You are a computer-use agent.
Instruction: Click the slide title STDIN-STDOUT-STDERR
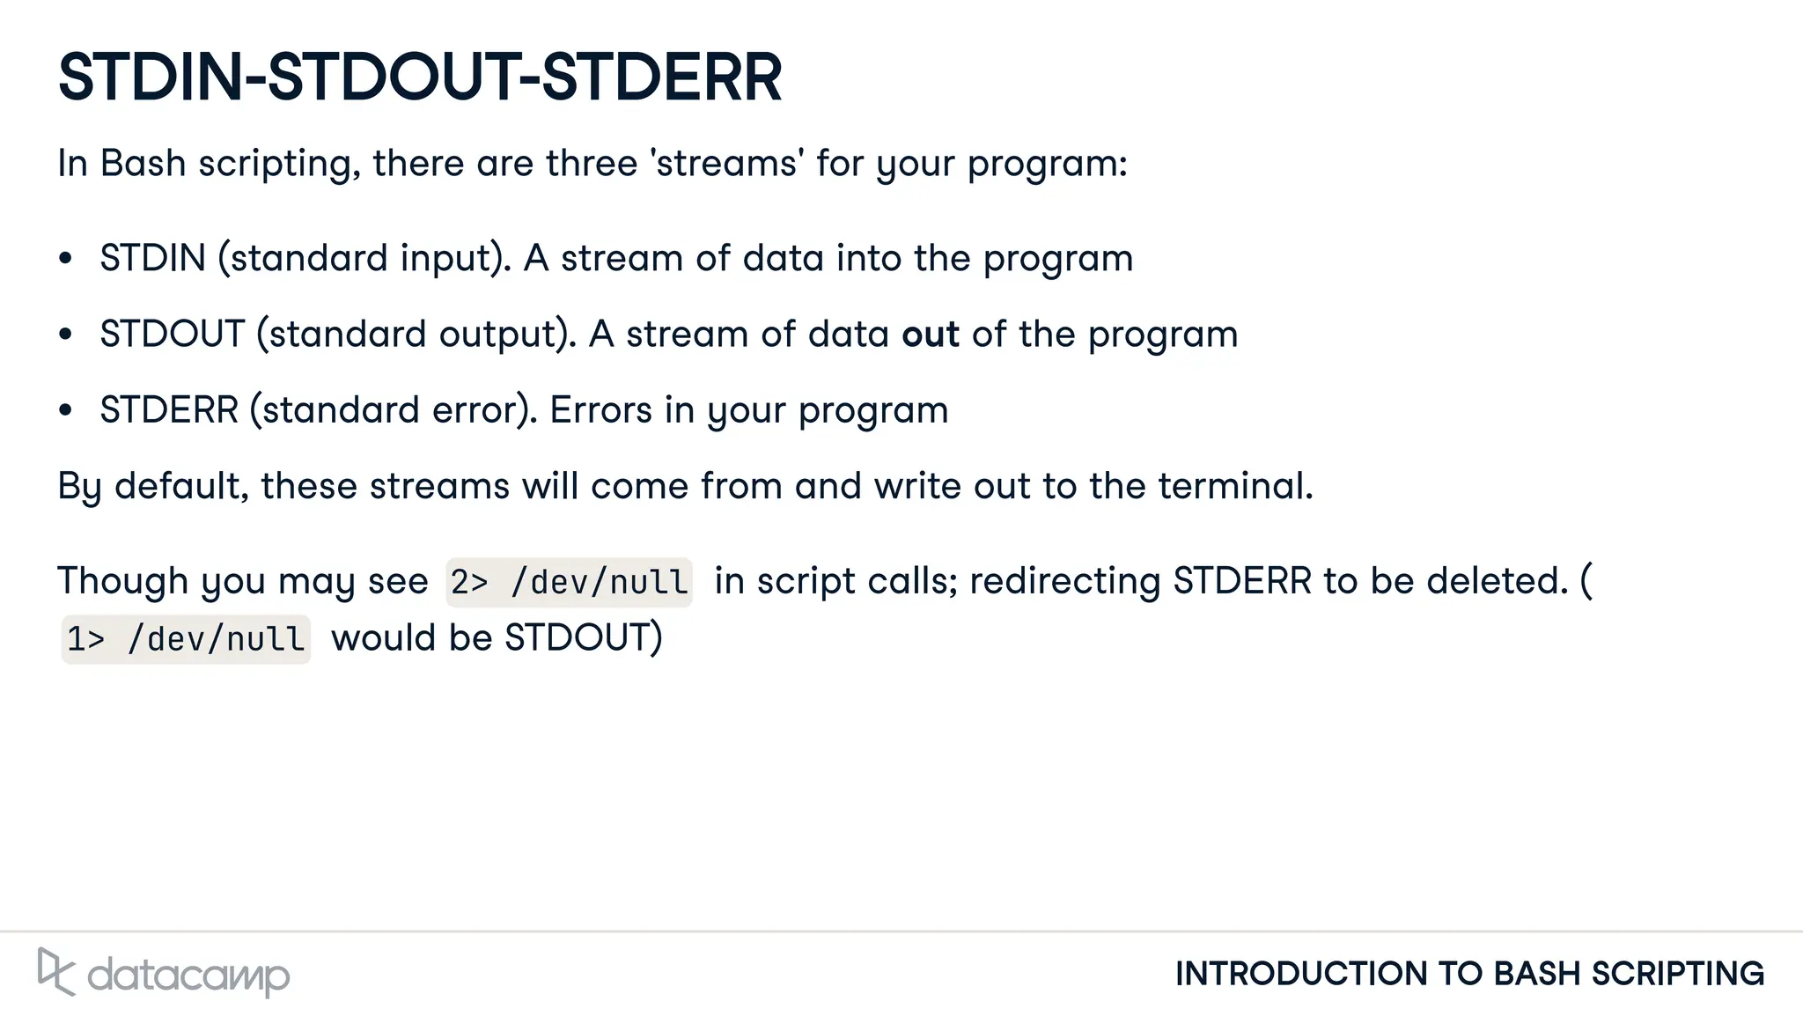pyautogui.click(x=419, y=77)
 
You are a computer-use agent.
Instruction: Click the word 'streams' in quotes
pyautogui.click(x=727, y=164)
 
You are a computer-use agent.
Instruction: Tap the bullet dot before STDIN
pyautogui.click(x=65, y=259)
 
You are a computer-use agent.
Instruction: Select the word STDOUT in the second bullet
pyautogui.click(x=172, y=335)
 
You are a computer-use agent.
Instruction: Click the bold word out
pyautogui.click(x=930, y=335)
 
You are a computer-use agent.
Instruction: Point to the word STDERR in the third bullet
pyautogui.click(x=169, y=410)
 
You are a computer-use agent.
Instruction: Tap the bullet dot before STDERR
pyautogui.click(x=65, y=410)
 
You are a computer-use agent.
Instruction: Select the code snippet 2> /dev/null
pyautogui.click(x=569, y=582)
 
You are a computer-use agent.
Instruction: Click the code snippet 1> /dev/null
pyautogui.click(x=186, y=639)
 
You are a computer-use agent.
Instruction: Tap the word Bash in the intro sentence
pyautogui.click(x=143, y=164)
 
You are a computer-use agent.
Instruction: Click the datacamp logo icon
pyautogui.click(x=55, y=971)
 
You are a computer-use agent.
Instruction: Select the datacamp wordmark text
pyautogui.click(x=188, y=976)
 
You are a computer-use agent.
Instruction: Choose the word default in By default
pyautogui.click(x=180, y=486)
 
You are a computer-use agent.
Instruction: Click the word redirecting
pyautogui.click(x=1064, y=581)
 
